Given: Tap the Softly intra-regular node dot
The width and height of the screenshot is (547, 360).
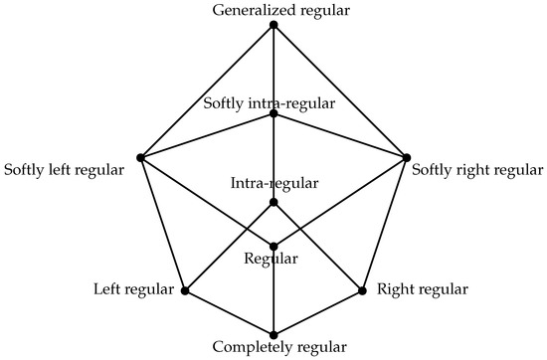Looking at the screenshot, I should pyautogui.click(x=273, y=114).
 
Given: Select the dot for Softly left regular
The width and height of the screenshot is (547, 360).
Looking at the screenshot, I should pyautogui.click(x=140, y=157).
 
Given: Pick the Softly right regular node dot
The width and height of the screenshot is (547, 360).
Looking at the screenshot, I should pyautogui.click(x=407, y=157).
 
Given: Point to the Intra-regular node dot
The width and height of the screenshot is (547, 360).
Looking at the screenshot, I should pyautogui.click(x=273, y=202).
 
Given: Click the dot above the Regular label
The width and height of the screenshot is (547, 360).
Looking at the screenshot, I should pyautogui.click(x=273, y=247).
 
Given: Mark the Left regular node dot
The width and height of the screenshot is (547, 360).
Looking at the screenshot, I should pyautogui.click(x=184, y=291).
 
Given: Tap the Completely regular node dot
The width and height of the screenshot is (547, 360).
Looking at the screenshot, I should pyautogui.click(x=273, y=334).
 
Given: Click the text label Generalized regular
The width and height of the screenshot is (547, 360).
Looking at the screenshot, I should pyautogui.click(x=273, y=10).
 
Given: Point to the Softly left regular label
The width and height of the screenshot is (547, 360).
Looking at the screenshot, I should pyautogui.click(x=65, y=170).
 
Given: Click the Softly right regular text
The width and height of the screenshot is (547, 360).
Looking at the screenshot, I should pyautogui.click(x=477, y=170).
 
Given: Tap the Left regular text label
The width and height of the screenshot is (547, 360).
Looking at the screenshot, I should pyautogui.click(x=137, y=290).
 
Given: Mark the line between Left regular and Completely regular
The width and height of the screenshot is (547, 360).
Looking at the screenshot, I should pyautogui.click(x=229, y=313).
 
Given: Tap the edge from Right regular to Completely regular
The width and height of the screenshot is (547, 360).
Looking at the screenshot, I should pyautogui.click(x=318, y=313).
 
